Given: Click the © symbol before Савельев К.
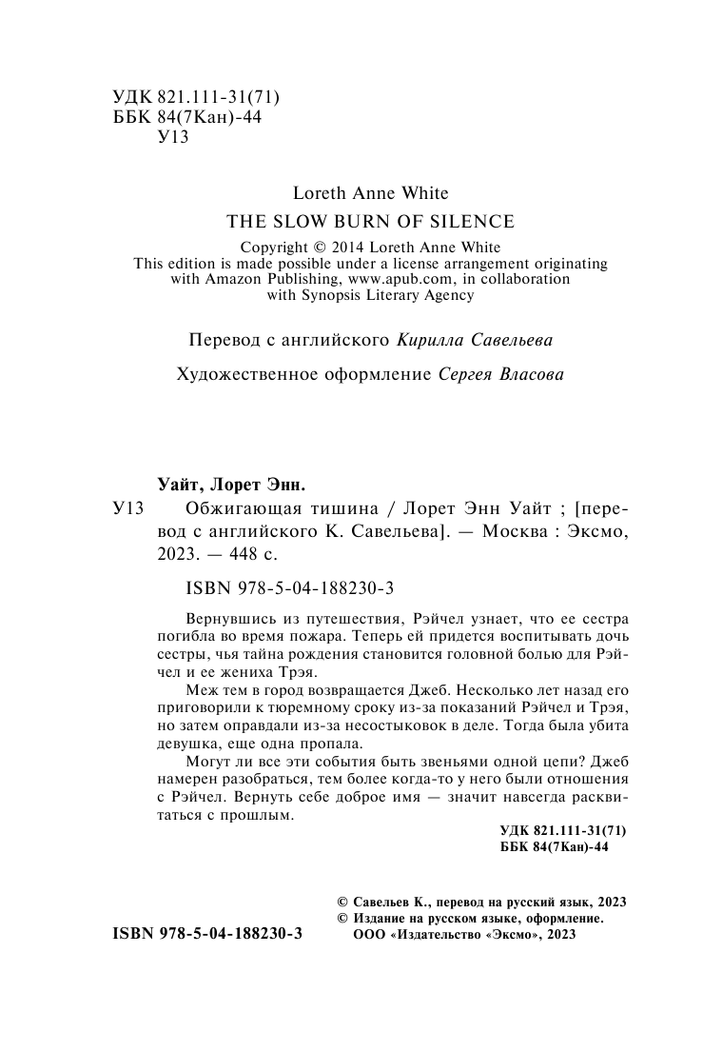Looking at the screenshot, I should [343, 901].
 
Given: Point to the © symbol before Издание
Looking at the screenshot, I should [343, 918].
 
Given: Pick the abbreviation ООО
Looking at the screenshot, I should [370, 936].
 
